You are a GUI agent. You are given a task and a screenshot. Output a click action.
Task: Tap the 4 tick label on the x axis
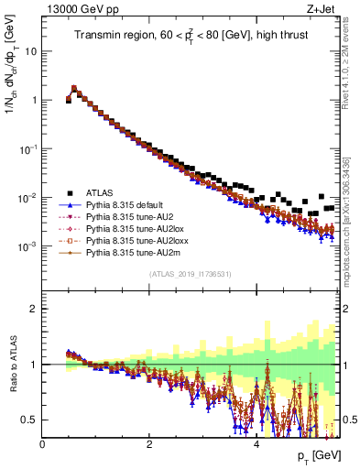point(256,444)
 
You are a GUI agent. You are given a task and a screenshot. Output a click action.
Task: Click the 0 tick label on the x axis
point(43,444)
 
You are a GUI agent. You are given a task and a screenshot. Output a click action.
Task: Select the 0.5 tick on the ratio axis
point(31,420)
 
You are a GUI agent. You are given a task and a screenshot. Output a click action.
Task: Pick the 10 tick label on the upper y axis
point(29,51)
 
